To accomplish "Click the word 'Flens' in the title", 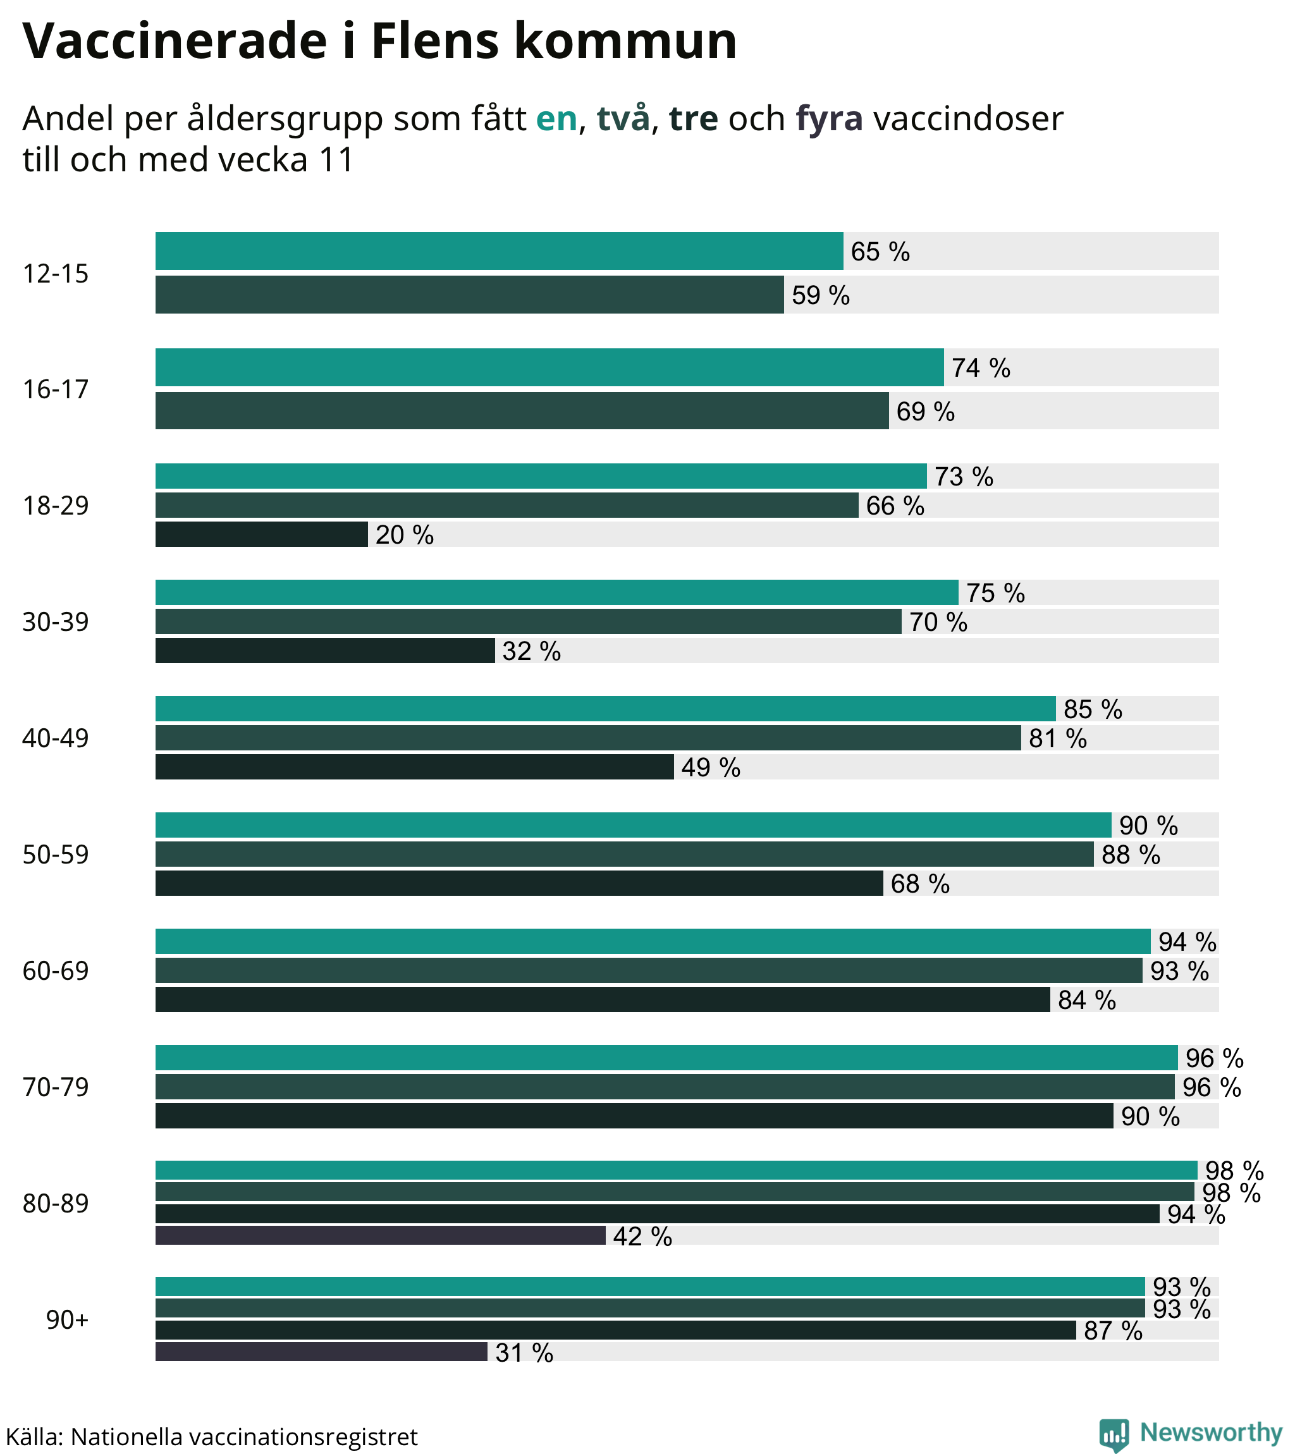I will pos(435,41).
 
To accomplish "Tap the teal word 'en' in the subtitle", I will pos(556,119).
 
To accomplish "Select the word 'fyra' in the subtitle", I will pos(829,119).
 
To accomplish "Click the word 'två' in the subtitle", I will pos(623,119).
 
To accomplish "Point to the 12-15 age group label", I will pos(56,274).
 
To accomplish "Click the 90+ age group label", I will pos(67,1320).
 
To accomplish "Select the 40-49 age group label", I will pos(56,738).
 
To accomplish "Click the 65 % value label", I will pos(880,252).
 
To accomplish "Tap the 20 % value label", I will pos(404,535).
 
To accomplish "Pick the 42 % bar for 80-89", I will pos(380,1236).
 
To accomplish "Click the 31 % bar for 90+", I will pos(321,1352).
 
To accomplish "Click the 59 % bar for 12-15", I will pos(469,295).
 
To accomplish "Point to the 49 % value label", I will pos(711,767).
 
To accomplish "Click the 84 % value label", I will pos(1086,1000).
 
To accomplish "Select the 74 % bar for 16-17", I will pos(549,368).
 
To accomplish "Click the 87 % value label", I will pos(1113,1331).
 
